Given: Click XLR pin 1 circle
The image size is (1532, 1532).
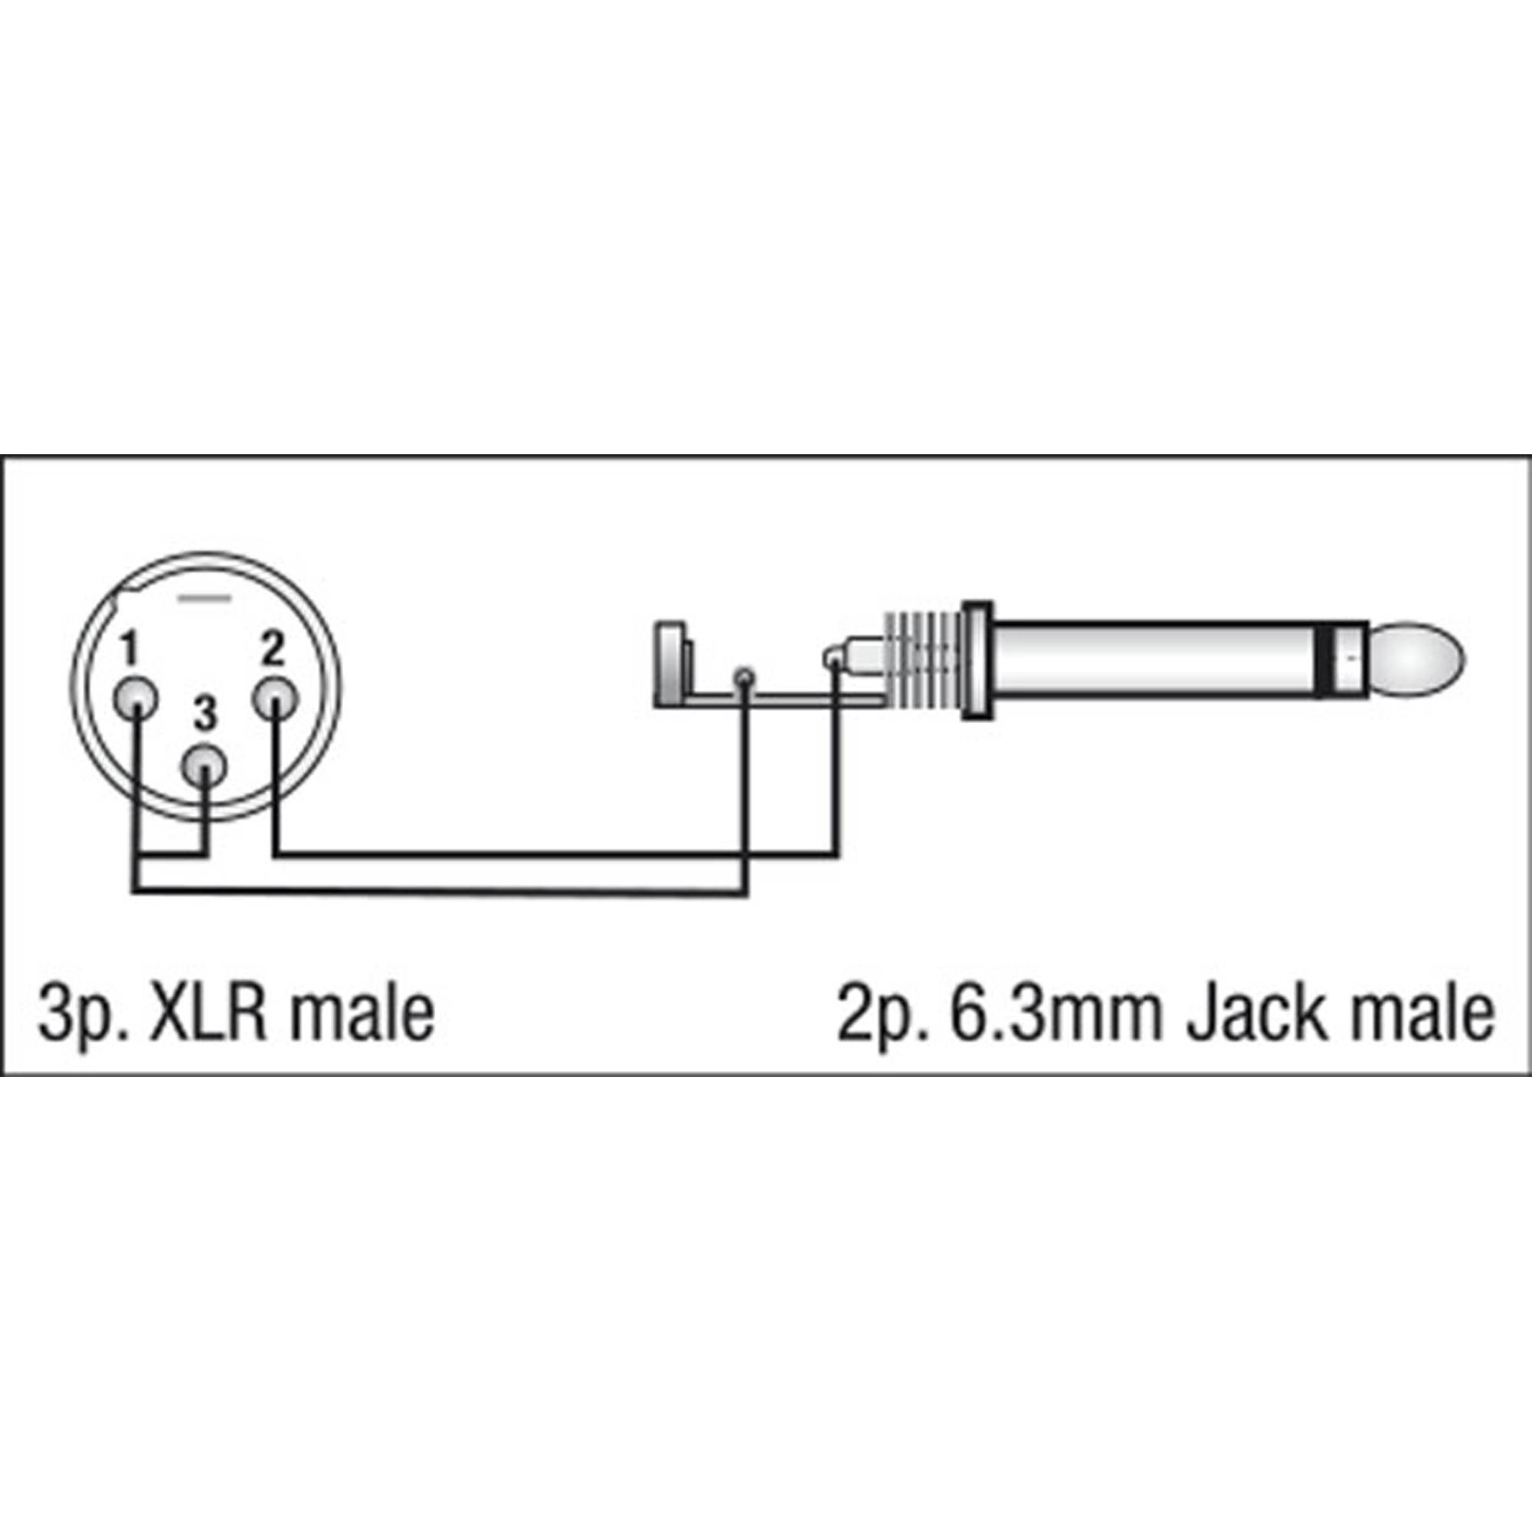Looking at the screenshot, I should coord(136,699).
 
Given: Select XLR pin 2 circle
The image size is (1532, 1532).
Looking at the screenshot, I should coord(274,698).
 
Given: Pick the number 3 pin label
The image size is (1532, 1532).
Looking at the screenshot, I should coord(205,715).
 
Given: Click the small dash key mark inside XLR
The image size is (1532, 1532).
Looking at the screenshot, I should coord(205,595).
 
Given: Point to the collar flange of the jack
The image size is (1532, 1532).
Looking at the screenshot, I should coord(977,660).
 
